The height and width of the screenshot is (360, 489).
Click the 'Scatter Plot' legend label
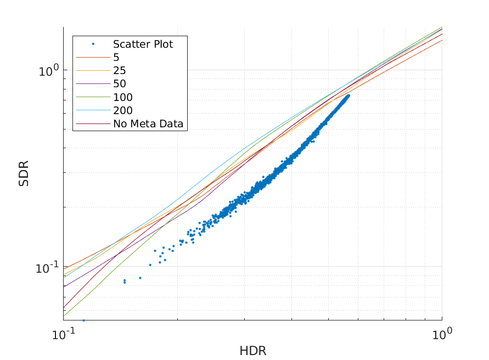[x=143, y=44]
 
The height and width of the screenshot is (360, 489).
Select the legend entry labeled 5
[x=116, y=58]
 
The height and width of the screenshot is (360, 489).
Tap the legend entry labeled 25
[x=119, y=71]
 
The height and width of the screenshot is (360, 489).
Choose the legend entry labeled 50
[x=119, y=84]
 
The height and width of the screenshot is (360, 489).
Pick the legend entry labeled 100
[x=122, y=97]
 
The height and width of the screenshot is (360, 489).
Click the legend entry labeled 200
[x=122, y=110]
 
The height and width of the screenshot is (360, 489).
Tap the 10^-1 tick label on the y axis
[x=46, y=267]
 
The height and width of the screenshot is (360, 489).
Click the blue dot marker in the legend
[x=93, y=44]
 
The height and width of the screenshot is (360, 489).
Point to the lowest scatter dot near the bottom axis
[x=84, y=320]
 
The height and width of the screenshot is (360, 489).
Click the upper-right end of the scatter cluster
[x=348, y=95]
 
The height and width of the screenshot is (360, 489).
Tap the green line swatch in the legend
[x=93, y=97]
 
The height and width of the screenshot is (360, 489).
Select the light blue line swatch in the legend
[x=93, y=110]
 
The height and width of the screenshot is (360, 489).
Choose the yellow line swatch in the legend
[x=93, y=71]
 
